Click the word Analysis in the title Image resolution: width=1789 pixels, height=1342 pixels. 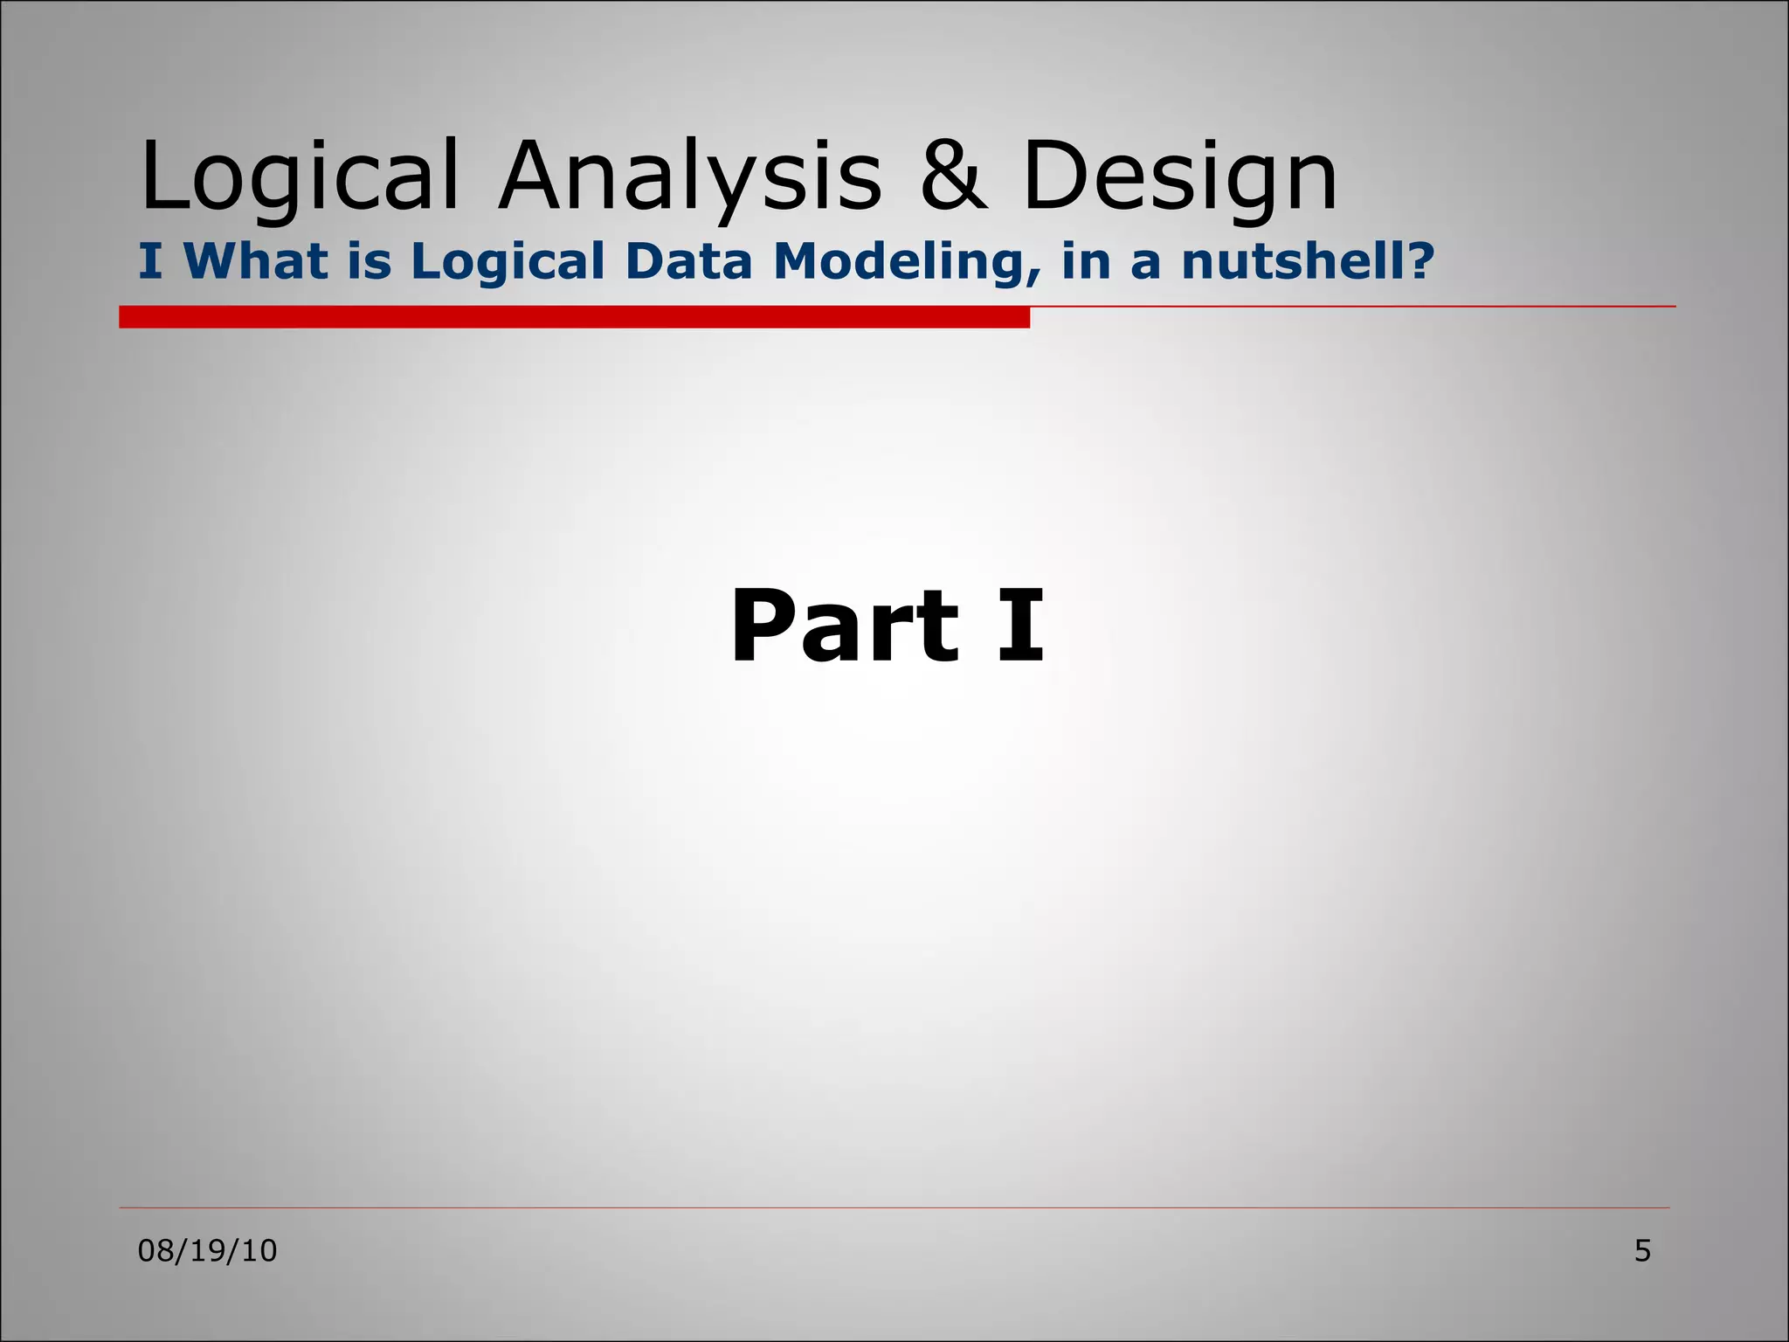[690, 177]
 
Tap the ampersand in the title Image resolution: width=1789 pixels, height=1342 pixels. [954, 177]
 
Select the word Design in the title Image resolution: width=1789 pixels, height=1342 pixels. [1179, 177]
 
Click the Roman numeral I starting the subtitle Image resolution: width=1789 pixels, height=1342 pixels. [150, 261]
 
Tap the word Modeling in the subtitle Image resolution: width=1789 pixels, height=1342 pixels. [900, 261]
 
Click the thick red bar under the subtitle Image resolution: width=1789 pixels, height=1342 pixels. [574, 317]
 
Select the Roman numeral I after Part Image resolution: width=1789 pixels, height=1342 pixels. [1020, 627]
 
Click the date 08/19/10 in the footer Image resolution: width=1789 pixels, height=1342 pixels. [207, 1251]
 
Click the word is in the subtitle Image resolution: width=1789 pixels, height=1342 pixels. [369, 261]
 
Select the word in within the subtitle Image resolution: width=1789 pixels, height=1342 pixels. [1085, 261]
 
